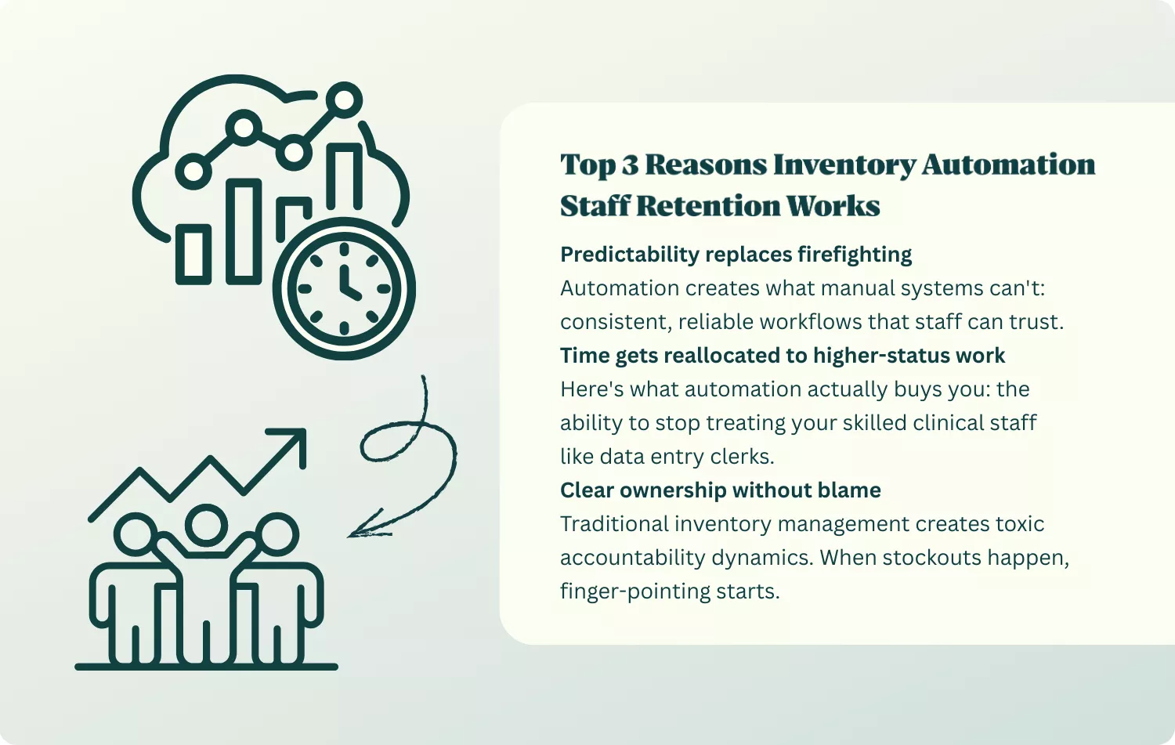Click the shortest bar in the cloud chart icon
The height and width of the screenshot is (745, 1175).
[193, 254]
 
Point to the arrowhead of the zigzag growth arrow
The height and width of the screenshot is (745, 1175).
[295, 440]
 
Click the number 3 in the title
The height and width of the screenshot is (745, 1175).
[630, 165]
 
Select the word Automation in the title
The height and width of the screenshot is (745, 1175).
[1008, 165]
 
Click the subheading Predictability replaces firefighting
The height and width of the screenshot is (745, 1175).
[736, 255]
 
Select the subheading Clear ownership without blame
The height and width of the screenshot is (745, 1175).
[720, 490]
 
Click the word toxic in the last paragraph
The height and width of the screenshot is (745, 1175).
[1019, 524]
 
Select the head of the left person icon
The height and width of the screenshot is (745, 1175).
[137, 535]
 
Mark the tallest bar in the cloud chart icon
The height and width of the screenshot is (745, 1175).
[345, 175]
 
